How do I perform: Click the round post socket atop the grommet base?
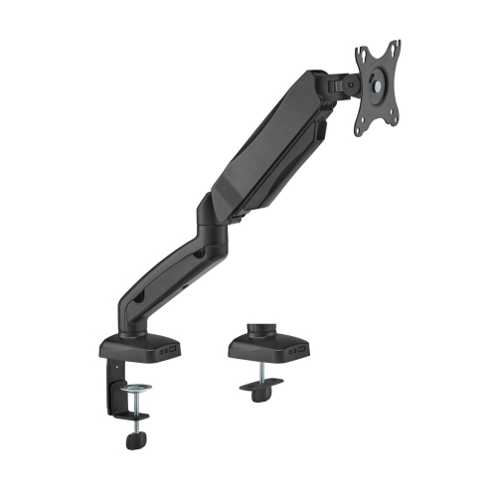tap(260, 328)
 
